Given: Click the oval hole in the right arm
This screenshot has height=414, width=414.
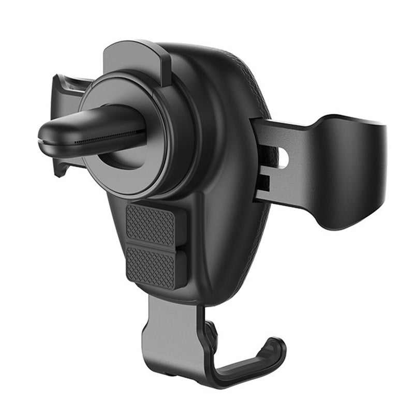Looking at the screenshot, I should tap(283, 157).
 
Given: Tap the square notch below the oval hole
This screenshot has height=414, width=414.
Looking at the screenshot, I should tap(264, 182).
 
